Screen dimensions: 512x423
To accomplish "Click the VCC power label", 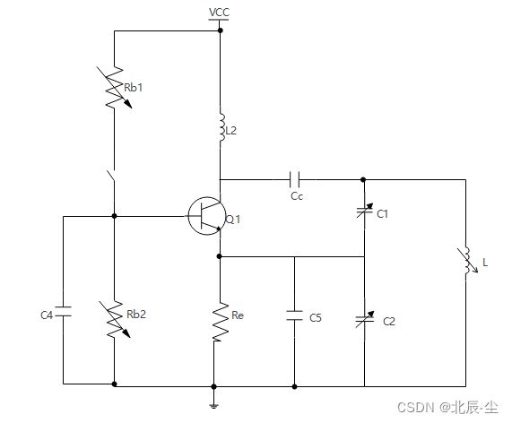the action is click(x=219, y=13).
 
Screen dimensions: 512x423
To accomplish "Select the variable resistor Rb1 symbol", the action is click(x=114, y=88).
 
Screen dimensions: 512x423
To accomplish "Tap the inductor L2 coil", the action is click(x=221, y=127).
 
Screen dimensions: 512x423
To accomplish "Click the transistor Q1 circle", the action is click(x=207, y=216).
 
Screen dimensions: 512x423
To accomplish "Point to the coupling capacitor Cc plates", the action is click(x=294, y=179).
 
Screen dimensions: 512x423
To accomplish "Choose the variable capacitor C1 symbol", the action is click(x=365, y=211).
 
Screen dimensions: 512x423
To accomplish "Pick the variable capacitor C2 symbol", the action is click(x=365, y=319).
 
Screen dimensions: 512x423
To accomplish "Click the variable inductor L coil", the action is click(x=467, y=260).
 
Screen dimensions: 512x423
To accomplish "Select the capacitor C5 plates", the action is click(x=294, y=315).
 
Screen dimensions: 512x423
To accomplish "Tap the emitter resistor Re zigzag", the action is click(x=221, y=322).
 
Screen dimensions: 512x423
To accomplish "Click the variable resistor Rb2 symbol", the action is click(x=114, y=319).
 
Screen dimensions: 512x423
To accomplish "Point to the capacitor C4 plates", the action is click(x=63, y=311).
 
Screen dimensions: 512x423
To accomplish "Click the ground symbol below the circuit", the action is click(x=214, y=406).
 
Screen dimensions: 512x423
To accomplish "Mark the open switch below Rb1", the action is click(x=111, y=176).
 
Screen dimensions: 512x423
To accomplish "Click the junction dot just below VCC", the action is click(x=220, y=30).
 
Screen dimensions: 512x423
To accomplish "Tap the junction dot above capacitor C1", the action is click(x=363, y=179).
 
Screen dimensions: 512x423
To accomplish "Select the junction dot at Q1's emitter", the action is click(x=220, y=256).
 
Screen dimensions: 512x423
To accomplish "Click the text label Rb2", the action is click(x=136, y=315).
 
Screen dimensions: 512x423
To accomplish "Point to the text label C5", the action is click(x=316, y=318).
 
